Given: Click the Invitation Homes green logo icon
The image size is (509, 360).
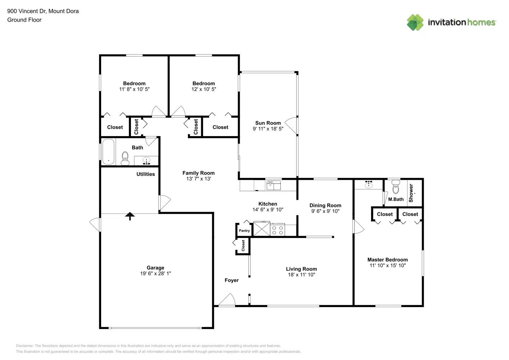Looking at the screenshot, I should [x=415, y=22].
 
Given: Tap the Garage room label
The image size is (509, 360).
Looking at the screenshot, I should [x=155, y=267].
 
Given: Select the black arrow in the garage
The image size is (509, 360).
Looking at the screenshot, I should [x=130, y=216].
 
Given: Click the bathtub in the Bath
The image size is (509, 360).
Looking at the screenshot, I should [x=108, y=152].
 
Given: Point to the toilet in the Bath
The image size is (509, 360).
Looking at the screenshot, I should [x=125, y=158].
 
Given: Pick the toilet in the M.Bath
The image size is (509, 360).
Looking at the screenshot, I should [x=396, y=187].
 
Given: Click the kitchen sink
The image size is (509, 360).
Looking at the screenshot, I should [x=273, y=185].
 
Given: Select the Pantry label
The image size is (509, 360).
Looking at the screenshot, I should [x=244, y=231].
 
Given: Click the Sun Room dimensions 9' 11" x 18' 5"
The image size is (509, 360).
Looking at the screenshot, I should [x=268, y=129].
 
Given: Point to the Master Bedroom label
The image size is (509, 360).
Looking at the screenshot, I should [x=387, y=260].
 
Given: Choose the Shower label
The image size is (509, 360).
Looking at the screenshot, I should [x=411, y=193].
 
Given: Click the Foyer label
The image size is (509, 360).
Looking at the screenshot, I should [x=231, y=280].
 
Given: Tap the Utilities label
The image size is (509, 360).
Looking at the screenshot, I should [x=145, y=174].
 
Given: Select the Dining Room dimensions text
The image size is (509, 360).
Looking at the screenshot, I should [x=325, y=211].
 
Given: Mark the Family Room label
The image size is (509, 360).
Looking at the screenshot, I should [x=198, y=173].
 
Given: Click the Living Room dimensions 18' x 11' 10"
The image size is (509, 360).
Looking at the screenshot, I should [x=301, y=275].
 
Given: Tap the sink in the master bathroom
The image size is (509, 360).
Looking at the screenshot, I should [x=368, y=185].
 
